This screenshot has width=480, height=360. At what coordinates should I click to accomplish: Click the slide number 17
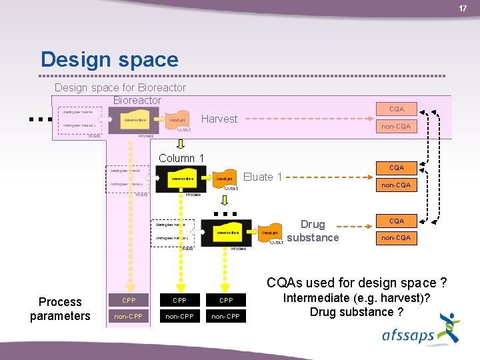pyautogui.click(x=463, y=8)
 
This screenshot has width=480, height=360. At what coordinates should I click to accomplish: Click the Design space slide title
pyautogui.click(x=109, y=59)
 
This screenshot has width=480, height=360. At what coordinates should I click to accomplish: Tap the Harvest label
pyautogui.click(x=219, y=119)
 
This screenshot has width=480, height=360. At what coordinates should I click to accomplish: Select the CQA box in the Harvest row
pyautogui.click(x=396, y=109)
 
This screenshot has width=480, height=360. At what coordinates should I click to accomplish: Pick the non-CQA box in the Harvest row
pyautogui.click(x=396, y=126)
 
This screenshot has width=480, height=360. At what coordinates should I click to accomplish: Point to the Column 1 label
pyautogui.click(x=181, y=158)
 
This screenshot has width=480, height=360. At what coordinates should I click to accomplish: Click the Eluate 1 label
pyautogui.click(x=263, y=177)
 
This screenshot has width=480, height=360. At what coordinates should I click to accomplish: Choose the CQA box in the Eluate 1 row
pyautogui.click(x=396, y=167)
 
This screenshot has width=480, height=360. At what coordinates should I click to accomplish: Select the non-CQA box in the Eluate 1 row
pyautogui.click(x=396, y=185)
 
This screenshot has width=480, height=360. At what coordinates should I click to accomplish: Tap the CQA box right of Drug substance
pyautogui.click(x=396, y=221)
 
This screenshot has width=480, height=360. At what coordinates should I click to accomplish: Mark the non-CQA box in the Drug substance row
pyautogui.click(x=396, y=237)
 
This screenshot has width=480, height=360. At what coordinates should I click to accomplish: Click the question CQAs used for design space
pyautogui.click(x=357, y=283)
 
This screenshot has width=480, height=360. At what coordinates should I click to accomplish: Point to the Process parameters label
pyautogui.click(x=60, y=309)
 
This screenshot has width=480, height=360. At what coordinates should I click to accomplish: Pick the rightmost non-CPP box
pyautogui.click(x=224, y=316)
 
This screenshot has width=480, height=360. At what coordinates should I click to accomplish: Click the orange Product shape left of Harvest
pyautogui.click(x=177, y=121)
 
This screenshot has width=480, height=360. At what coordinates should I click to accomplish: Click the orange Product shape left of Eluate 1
pyautogui.click(x=225, y=178)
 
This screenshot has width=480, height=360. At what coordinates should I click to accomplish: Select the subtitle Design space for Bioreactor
pyautogui.click(x=120, y=87)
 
